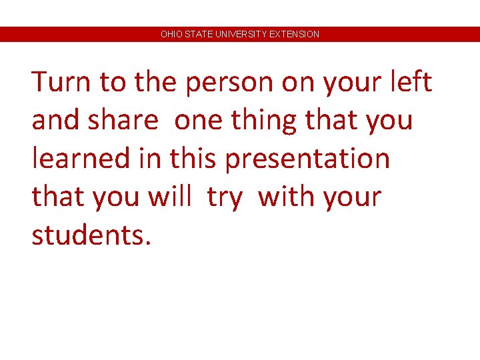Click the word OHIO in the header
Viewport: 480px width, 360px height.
pos(170,34)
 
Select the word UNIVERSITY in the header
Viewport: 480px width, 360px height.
pos(239,34)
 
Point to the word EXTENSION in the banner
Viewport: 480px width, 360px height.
pos(294,34)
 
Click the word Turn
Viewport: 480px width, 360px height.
pos(61,83)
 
